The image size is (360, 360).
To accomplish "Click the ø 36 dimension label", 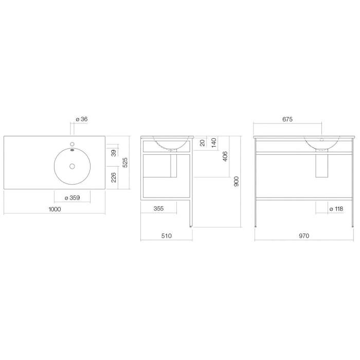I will (82, 119).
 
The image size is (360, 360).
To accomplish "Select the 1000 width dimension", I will (55, 209).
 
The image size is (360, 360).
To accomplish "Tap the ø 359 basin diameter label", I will (72, 198).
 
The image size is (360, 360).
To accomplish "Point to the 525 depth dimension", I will (125, 163).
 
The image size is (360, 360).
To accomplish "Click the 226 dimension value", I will (114, 177).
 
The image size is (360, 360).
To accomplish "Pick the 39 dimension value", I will (114, 152).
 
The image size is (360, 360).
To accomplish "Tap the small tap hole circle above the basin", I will (72, 144).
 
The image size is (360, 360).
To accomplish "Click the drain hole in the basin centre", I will (72, 166).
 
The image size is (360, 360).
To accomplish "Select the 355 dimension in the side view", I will (158, 209).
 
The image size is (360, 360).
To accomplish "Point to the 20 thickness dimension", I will (202, 142).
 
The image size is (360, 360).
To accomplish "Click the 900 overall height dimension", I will (237, 181).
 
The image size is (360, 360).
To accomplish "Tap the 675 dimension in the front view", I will (287, 119).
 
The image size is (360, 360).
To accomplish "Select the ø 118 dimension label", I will (336, 209).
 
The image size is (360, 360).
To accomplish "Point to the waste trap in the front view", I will (322, 166).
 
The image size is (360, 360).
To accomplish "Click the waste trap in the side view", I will (173, 166).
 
